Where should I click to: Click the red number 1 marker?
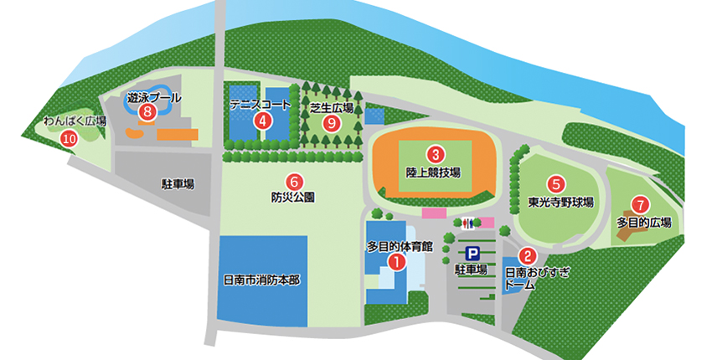tap(398, 261)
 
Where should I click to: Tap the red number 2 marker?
tap(528, 256)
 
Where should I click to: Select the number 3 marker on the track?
tap(435, 155)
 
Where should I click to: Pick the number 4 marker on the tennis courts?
tap(263, 121)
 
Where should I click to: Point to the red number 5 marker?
tap(555, 183)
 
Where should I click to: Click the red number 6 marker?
tap(293, 180)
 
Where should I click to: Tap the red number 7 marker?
tap(641, 203)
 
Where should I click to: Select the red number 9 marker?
tap(332, 122)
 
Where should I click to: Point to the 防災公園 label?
tap(292, 198)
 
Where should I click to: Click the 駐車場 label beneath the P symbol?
tap(471, 270)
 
